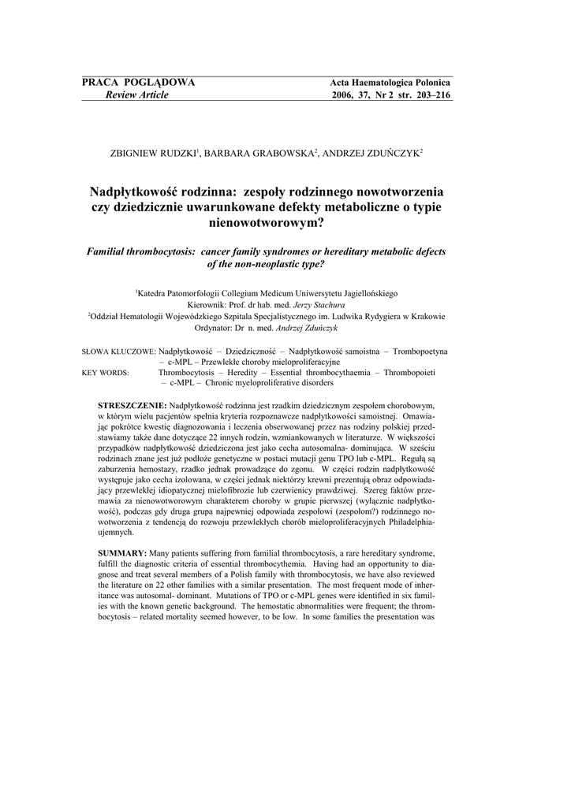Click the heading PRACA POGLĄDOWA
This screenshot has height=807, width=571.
pos(138,83)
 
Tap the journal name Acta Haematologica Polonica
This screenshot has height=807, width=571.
pos(390,83)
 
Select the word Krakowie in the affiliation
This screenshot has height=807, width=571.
pos(425,316)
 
